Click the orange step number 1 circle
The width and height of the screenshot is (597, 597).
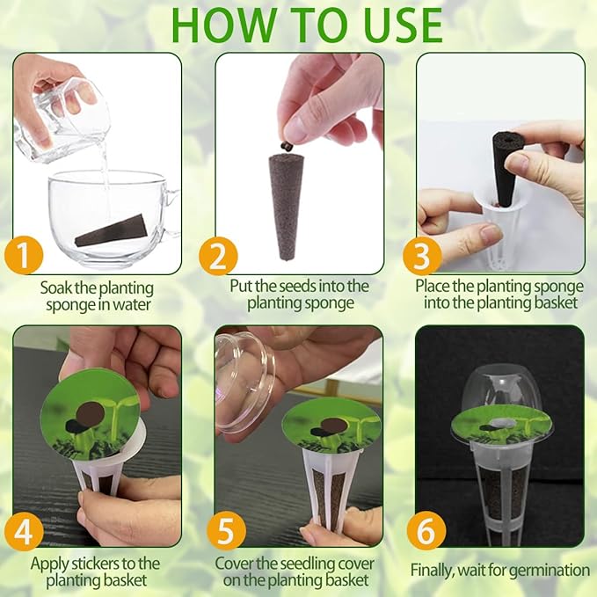click(27, 256)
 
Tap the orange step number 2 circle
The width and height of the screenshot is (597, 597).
click(218, 256)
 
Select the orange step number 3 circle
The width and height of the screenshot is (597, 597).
click(423, 256)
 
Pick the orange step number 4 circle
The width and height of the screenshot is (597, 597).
click(25, 532)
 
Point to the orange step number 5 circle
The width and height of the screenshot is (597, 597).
click(226, 532)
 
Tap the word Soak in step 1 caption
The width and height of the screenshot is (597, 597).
click(57, 288)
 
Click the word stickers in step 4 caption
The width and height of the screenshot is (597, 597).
click(106, 564)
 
